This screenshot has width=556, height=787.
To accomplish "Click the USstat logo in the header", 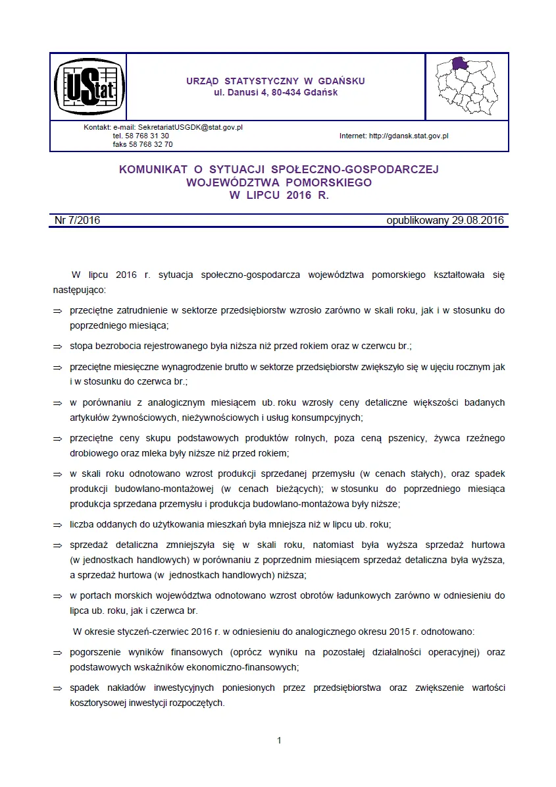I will (x=89, y=87).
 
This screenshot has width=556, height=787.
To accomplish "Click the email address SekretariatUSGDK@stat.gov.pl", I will (x=190, y=127).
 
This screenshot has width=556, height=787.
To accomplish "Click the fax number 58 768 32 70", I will (x=152, y=144).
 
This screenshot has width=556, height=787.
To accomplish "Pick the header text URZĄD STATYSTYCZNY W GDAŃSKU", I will (x=276, y=81).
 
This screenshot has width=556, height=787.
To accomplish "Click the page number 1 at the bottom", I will (x=279, y=741).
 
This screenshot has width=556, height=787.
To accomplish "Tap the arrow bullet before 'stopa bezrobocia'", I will (x=57, y=345).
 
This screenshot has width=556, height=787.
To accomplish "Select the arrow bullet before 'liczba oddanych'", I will (x=57, y=525).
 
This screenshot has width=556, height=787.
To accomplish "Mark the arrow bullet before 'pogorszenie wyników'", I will (x=57, y=652).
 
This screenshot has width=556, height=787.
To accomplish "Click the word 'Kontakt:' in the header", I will (x=97, y=127).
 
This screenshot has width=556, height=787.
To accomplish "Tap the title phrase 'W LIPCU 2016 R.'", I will (x=278, y=195).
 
